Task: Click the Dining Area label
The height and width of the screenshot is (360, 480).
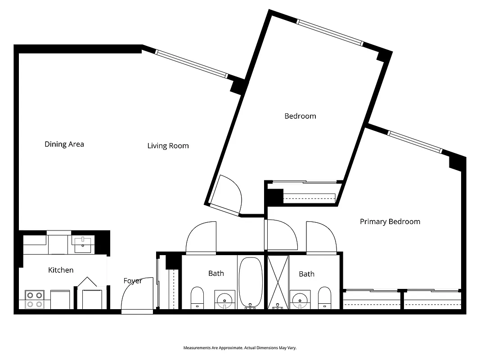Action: (64, 144)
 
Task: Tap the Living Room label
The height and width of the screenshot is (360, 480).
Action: (168, 145)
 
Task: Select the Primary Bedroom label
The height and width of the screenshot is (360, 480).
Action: (390, 221)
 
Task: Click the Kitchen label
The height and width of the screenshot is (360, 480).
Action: (61, 270)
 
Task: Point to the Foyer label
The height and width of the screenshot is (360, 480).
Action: (133, 281)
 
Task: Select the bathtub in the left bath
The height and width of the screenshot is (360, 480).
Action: (250, 282)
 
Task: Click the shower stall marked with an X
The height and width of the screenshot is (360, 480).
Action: (278, 282)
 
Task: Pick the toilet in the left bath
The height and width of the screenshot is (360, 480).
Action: (197, 297)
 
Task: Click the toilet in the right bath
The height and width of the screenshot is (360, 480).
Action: (324, 297)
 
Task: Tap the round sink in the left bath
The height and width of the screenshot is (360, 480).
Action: (224, 299)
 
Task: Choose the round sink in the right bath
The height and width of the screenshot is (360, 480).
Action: (300, 299)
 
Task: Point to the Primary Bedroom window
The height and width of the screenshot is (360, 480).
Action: (415, 142)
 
